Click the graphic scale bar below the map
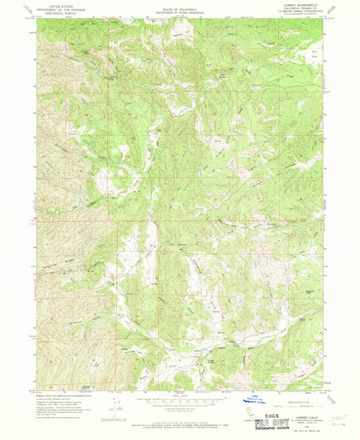pos(179,399)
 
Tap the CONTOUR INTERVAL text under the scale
pos(179,406)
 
